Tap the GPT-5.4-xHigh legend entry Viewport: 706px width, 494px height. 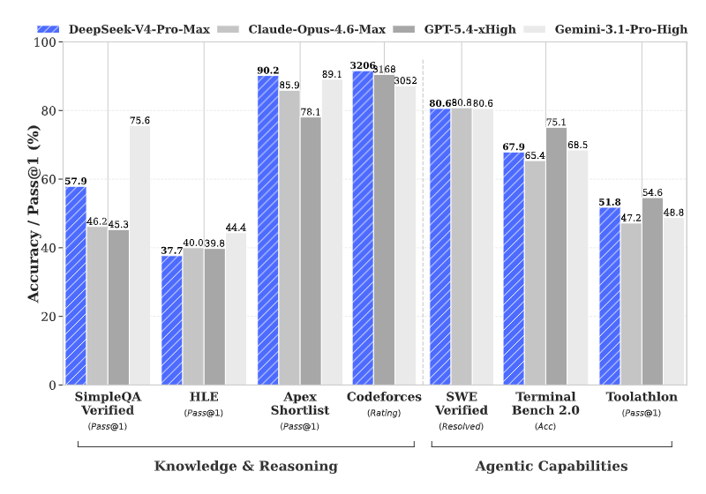point(468,29)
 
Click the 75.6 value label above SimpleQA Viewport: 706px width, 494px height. point(139,121)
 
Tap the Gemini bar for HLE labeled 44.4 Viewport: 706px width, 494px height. point(236,309)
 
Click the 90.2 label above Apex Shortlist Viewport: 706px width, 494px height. point(268,71)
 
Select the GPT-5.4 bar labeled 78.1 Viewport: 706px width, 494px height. point(311,251)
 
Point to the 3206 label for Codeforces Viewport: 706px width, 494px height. point(363,65)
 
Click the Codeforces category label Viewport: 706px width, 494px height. point(385,397)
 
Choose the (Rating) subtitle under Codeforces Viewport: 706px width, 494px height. point(385,413)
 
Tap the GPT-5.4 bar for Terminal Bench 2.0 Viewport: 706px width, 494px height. point(556,256)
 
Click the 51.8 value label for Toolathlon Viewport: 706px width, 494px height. point(610,202)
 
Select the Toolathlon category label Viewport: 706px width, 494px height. point(642,397)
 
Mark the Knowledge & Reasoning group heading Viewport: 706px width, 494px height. point(245,466)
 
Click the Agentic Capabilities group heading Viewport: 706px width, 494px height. point(552,466)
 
